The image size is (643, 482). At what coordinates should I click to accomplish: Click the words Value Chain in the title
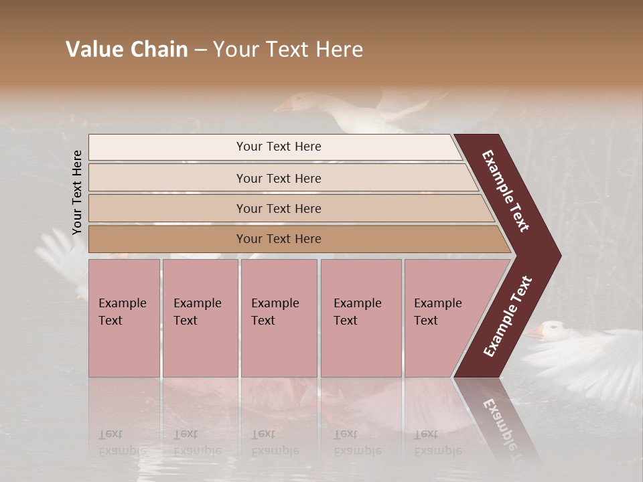click(127, 50)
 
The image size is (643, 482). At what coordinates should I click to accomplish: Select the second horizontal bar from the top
click(278, 178)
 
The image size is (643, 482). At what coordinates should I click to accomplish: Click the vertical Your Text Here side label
click(78, 192)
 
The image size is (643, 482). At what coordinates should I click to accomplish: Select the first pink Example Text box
click(124, 317)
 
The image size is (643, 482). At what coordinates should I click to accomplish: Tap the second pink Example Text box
click(200, 317)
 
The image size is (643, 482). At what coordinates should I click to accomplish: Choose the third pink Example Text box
click(279, 317)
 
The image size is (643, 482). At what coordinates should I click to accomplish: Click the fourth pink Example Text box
click(360, 317)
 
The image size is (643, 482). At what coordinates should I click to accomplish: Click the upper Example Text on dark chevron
click(506, 191)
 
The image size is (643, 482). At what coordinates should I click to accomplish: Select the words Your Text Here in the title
click(288, 50)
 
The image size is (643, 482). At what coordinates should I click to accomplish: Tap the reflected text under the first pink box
click(121, 442)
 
